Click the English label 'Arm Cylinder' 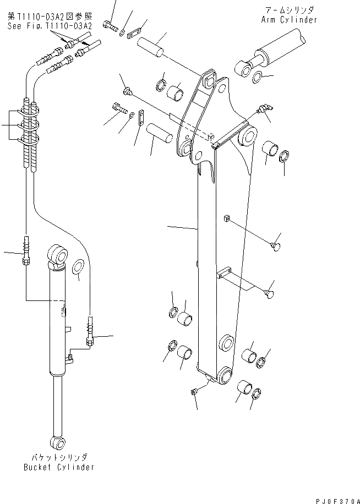[289, 20]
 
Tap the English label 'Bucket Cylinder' [59, 467]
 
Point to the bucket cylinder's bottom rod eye [57, 441]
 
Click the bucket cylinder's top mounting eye [58, 255]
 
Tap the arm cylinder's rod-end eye [241, 69]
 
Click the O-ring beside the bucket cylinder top [78, 267]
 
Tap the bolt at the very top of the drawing [113, 25]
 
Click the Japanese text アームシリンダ [289, 10]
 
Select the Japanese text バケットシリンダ [59, 457]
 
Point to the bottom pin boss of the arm [225, 377]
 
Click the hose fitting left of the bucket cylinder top [25, 250]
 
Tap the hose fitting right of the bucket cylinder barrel [90, 331]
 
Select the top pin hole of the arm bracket [208, 81]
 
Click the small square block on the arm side [226, 219]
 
